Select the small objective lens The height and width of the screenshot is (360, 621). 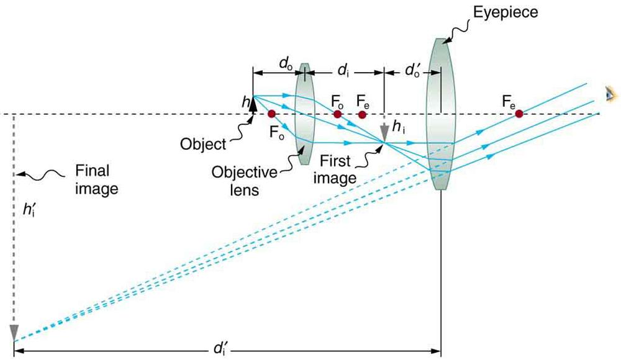point(304,114)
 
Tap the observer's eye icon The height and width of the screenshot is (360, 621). point(612,93)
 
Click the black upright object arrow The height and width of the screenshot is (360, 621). point(253,102)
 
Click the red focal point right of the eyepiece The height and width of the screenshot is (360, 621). point(519,114)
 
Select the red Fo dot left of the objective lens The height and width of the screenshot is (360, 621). point(271,114)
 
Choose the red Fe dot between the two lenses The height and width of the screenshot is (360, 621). point(362,114)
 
